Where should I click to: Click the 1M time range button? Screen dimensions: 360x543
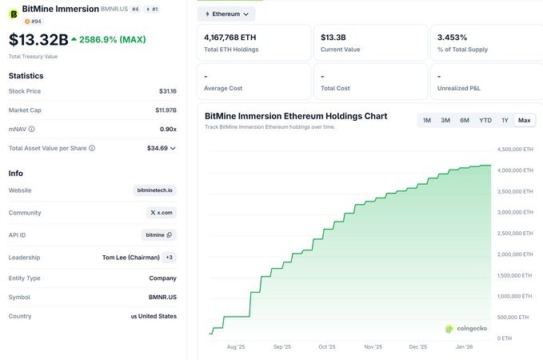[427, 120]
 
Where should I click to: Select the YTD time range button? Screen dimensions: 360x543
[485, 120]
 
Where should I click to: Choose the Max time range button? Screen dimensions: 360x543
[525, 120]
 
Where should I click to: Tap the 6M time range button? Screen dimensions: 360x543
[465, 120]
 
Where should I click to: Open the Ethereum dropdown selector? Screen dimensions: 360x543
[226, 14]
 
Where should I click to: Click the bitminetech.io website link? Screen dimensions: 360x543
[155, 190]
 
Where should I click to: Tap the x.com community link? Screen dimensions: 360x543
[161, 213]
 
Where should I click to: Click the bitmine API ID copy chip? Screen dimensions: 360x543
[159, 235]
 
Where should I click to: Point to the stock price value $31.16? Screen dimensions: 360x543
[167, 91]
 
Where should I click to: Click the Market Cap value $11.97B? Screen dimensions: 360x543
[166, 110]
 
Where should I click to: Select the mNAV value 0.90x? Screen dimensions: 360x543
[168, 129]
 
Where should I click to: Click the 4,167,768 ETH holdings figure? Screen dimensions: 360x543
[231, 37]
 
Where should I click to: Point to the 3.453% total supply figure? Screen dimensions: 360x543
[453, 37]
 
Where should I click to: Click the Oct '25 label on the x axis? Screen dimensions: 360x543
[327, 347]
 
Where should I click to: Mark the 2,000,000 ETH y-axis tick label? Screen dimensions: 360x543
[514, 254]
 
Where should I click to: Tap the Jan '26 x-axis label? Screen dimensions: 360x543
[464, 347]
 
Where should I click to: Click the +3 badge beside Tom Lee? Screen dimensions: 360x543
[169, 258]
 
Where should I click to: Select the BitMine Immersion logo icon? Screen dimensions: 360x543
[14, 13]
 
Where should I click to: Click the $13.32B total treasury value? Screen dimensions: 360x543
[38, 40]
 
